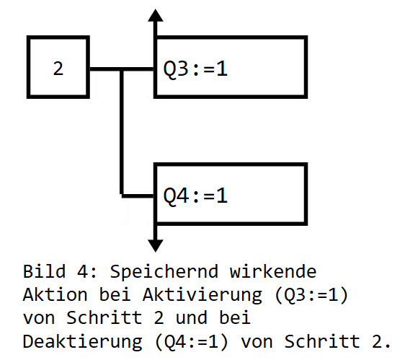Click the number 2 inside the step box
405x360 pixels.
58,69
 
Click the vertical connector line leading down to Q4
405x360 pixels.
123,137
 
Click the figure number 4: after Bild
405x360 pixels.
94,272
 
